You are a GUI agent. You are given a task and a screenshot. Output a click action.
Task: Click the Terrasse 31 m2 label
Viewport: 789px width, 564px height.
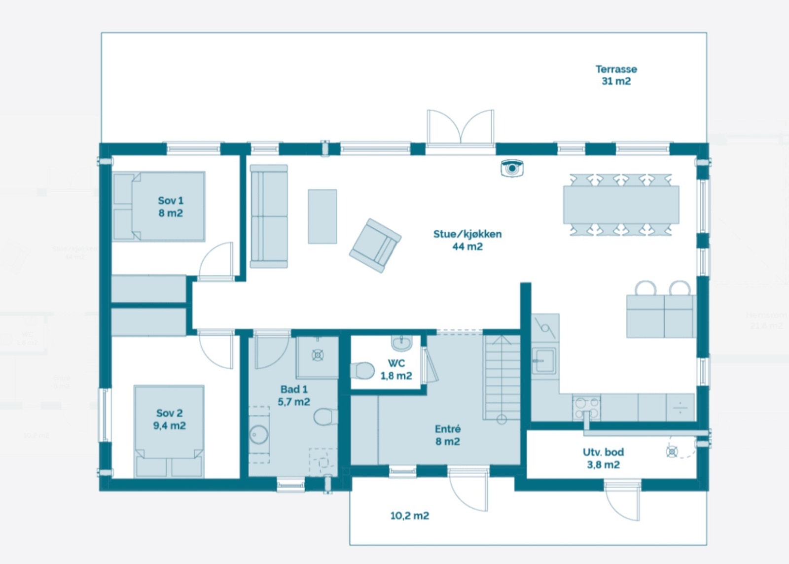(616, 75)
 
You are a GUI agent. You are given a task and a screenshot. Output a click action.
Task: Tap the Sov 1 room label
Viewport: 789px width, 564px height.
(171, 207)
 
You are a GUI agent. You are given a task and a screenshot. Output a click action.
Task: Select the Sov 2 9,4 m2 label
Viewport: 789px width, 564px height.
(169, 419)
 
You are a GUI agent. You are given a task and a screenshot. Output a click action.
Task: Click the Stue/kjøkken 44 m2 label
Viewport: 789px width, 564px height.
(467, 240)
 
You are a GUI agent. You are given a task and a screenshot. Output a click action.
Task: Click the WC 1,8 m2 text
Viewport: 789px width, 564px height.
(396, 369)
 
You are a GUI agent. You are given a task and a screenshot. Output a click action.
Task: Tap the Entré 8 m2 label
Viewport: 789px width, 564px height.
(447, 435)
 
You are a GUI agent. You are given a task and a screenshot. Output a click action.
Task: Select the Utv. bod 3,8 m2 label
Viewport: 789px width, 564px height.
(603, 458)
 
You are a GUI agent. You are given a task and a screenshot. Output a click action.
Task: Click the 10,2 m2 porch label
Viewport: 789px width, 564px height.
(409, 516)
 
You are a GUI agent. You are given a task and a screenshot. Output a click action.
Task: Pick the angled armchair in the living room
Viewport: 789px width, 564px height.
(375, 245)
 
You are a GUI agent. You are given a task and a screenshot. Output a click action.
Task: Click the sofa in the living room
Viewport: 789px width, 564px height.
(269, 216)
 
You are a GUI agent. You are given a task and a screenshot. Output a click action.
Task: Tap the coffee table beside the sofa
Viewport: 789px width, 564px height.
(323, 216)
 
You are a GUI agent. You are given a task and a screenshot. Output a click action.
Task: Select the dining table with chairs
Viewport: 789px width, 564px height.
(621, 204)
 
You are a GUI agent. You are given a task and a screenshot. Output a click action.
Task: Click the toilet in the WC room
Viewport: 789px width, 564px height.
(362, 371)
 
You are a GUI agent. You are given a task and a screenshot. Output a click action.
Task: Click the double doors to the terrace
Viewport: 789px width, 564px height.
(461, 127)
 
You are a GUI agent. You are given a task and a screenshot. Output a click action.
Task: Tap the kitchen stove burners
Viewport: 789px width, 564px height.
(587, 407)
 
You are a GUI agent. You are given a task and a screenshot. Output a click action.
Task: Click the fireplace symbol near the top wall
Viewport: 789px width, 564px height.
(512, 168)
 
